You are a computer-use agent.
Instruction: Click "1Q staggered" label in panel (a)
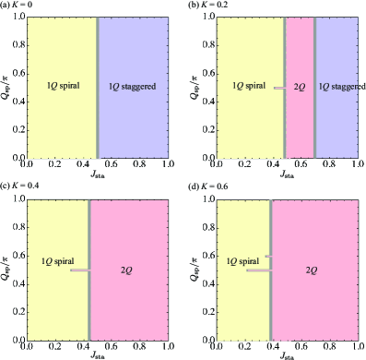[133, 86]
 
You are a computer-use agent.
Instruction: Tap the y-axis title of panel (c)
[6, 268]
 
